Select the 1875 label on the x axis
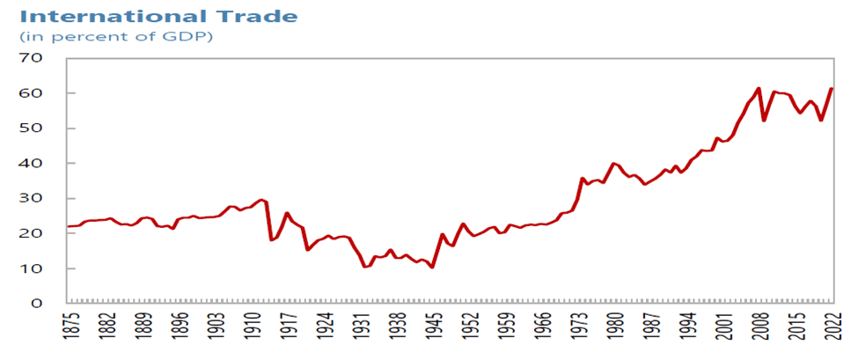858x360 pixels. pos(70,334)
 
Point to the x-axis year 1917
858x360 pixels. pos(288,334)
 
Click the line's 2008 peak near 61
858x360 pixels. pos(759,88)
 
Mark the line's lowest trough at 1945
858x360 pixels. pos(432,268)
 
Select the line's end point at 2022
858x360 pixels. pos(832,88)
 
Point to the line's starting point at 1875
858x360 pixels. pos(69,226)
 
